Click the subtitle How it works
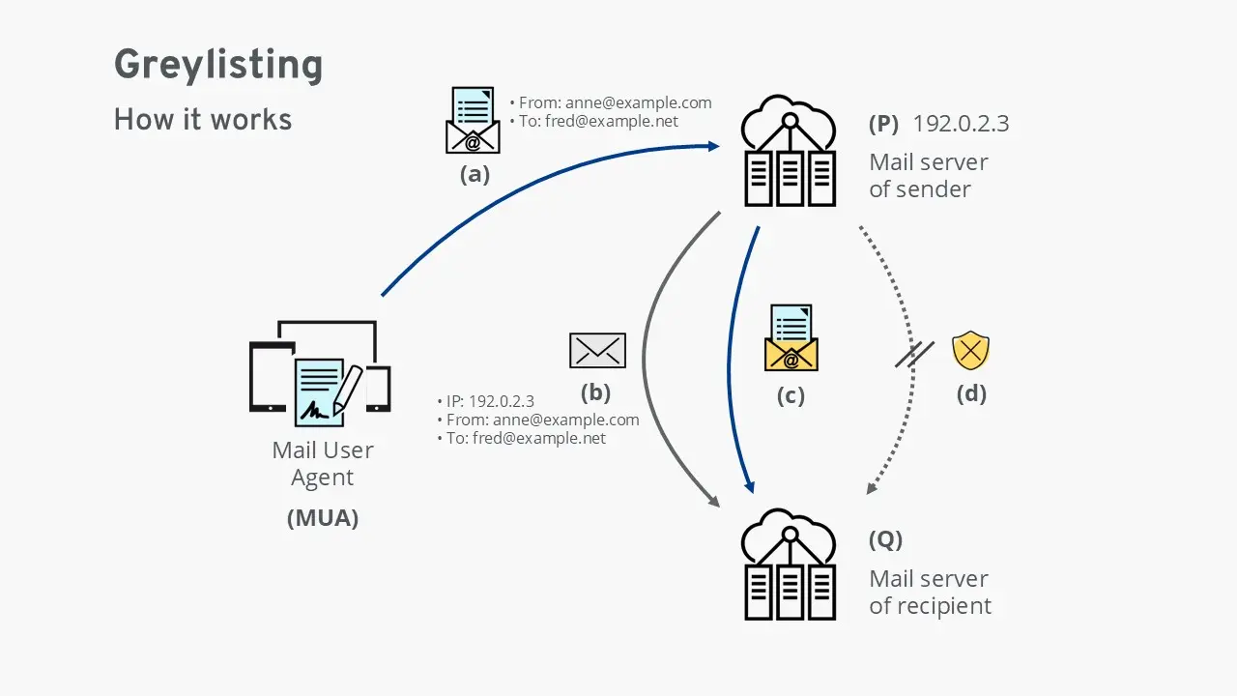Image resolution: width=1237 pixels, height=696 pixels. tap(203, 120)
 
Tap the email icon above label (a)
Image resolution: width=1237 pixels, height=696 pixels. tap(473, 121)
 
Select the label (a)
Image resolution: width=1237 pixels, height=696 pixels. tap(474, 175)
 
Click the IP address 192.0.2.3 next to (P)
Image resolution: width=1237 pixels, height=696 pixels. tap(962, 124)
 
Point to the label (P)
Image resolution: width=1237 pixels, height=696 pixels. tap(883, 124)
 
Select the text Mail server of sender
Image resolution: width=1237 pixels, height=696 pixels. tap(928, 175)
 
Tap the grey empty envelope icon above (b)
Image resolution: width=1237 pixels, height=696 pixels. tap(597, 351)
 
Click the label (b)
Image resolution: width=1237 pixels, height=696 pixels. tap(596, 393)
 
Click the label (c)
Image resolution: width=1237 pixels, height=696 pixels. tap(791, 395)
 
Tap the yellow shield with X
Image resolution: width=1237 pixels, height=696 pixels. tap(970, 351)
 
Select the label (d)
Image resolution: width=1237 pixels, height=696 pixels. tap(970, 393)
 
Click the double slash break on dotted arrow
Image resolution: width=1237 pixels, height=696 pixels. tap(913, 355)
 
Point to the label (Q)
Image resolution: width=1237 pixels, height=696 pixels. tap(885, 539)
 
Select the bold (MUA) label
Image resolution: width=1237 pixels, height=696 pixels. tap(323, 518)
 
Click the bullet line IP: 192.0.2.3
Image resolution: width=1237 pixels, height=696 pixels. tap(489, 401)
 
